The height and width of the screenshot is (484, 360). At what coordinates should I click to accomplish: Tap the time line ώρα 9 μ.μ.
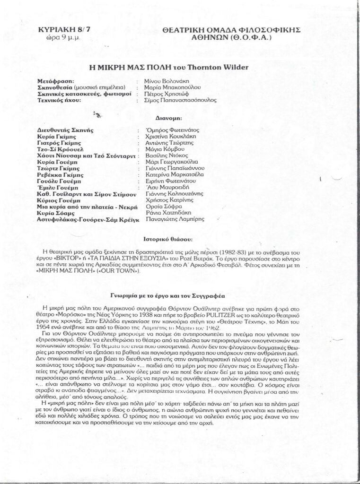point(59,37)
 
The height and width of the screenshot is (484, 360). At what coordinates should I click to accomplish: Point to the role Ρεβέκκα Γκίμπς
point(59,175)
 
